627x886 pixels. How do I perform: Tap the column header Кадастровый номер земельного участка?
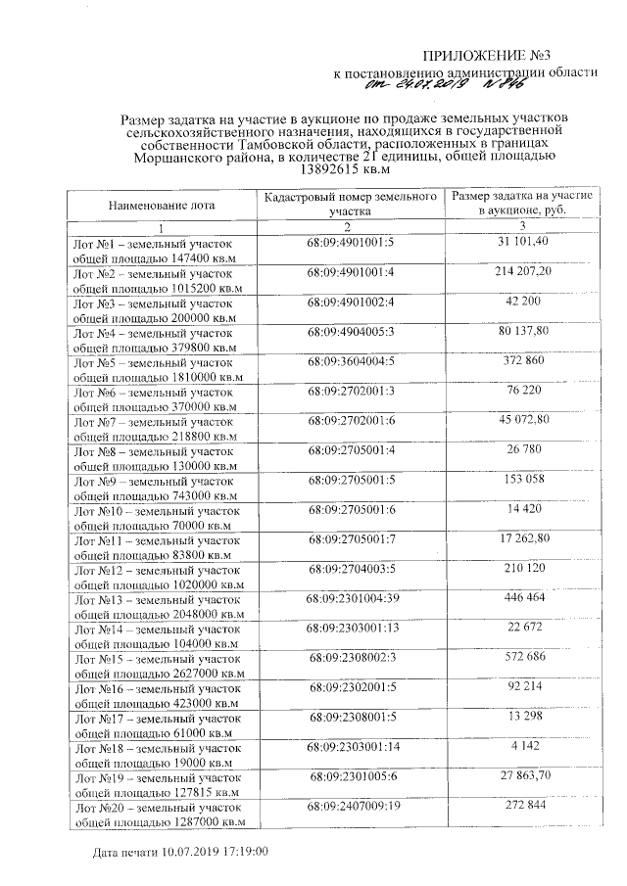click(350, 204)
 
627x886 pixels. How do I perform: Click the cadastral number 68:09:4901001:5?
click(350, 241)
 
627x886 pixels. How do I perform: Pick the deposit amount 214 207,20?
click(521, 270)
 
